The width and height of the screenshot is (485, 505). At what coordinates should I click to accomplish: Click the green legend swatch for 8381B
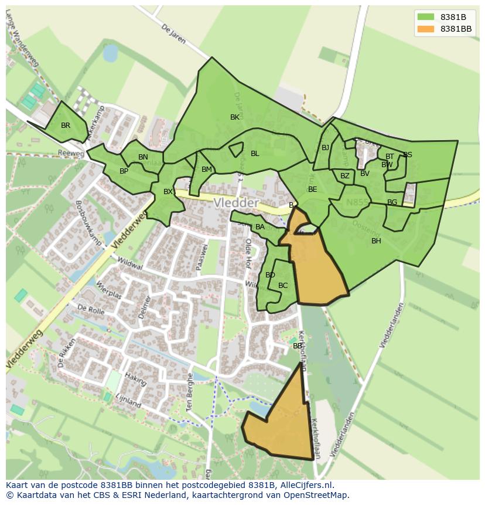(x=426, y=17)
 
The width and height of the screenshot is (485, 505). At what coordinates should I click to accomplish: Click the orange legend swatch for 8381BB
(x=426, y=29)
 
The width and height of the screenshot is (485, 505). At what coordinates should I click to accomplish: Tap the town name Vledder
(x=236, y=203)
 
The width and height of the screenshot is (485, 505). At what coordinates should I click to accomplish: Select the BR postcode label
(x=66, y=126)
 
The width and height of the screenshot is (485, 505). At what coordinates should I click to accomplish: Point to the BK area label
(x=235, y=117)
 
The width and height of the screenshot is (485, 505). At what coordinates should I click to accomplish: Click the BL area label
(x=255, y=154)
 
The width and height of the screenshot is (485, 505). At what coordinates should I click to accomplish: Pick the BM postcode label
(x=206, y=170)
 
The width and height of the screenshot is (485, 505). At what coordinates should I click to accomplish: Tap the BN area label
(x=143, y=157)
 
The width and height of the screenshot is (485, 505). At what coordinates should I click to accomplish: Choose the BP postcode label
(x=124, y=171)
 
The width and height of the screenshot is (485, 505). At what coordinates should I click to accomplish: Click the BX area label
(x=168, y=192)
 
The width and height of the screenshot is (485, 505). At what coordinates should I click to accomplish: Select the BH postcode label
(x=376, y=240)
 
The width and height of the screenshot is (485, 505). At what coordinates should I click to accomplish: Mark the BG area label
(x=392, y=202)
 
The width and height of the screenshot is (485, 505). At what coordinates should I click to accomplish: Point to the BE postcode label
(x=312, y=189)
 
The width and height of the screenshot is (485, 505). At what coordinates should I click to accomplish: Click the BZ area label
(x=344, y=176)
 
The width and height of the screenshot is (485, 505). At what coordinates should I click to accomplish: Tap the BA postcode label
(x=260, y=227)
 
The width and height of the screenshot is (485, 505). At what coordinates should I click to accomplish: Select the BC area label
(x=283, y=286)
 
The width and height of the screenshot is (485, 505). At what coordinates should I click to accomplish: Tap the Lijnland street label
(x=128, y=401)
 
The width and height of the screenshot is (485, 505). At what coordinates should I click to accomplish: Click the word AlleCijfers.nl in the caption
(x=305, y=485)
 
